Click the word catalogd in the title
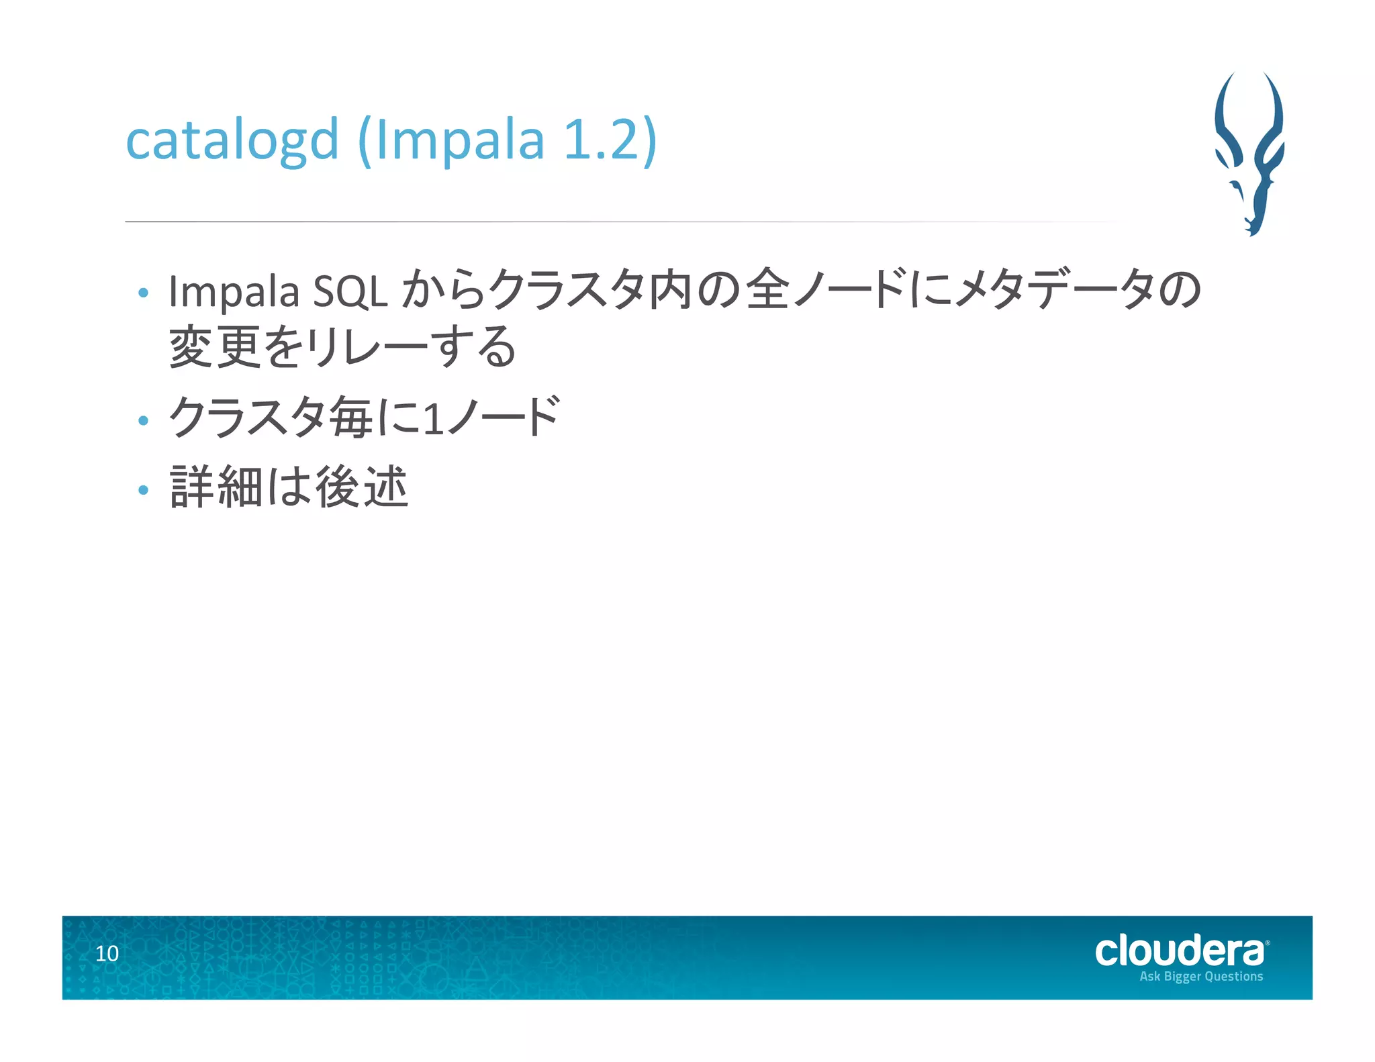tap(232, 141)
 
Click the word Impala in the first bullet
tap(234, 293)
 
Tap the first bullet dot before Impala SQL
tap(142, 293)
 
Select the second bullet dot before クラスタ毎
tap(142, 422)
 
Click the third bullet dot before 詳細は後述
tap(142, 490)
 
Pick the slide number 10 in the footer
tap(107, 954)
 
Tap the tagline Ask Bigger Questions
tap(1201, 977)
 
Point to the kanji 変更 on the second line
tap(215, 347)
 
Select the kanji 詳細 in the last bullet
tap(216, 487)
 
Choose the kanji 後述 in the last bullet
tap(362, 487)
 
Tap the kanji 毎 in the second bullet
tap(351, 418)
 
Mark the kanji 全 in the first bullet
tap(767, 290)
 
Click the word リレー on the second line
tap(366, 348)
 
